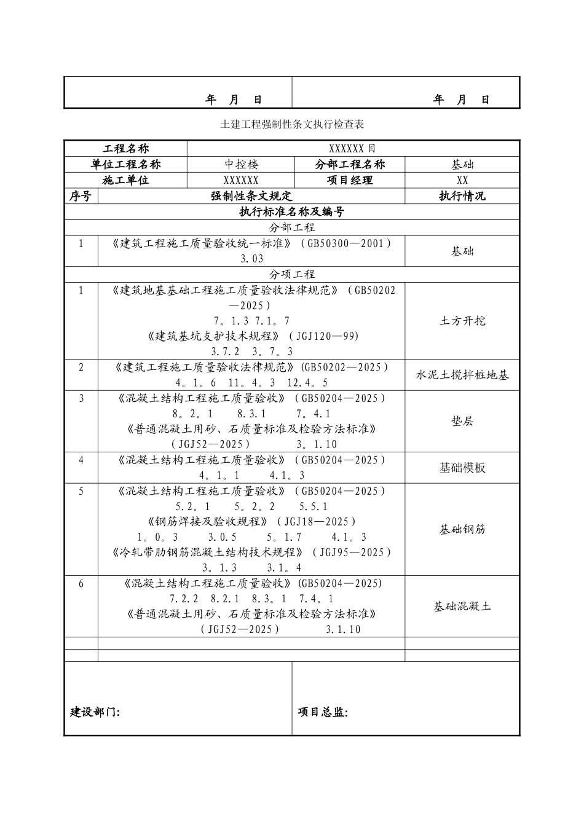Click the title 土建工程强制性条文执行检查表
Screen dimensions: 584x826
[x=292, y=125]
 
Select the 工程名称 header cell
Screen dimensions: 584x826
[x=125, y=149]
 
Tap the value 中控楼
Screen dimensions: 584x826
[x=241, y=165]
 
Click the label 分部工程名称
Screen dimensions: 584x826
[x=350, y=165]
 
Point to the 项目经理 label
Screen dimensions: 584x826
[x=350, y=181]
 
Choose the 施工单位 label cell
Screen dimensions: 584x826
[x=125, y=181]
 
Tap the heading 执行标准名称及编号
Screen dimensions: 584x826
[x=292, y=212]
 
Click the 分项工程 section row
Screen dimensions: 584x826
[x=292, y=274]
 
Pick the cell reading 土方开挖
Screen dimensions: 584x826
[x=462, y=321]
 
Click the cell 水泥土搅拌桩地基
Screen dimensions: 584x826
[x=462, y=375]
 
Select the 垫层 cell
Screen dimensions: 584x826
[x=462, y=422]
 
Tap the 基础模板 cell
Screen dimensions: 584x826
[x=462, y=468]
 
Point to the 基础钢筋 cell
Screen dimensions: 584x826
[x=462, y=529]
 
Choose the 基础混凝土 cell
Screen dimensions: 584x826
[x=462, y=607]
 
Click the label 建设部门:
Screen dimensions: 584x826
[x=95, y=712]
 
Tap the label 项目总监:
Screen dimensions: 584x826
[x=323, y=712]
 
